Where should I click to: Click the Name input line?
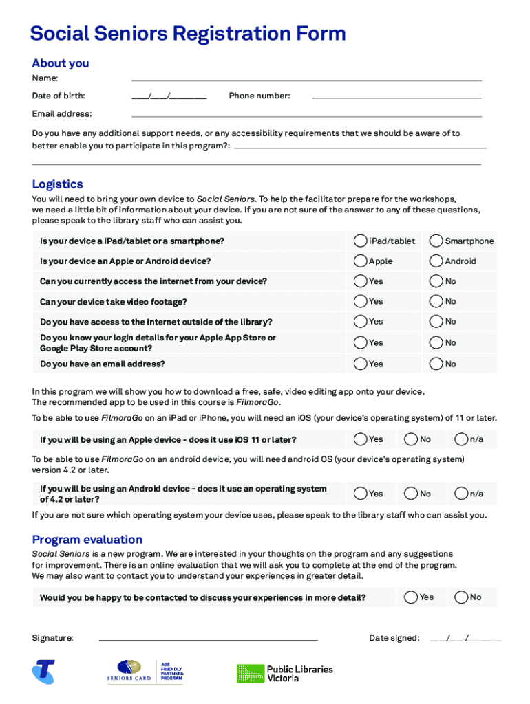[306, 79]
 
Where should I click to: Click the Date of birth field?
[169, 96]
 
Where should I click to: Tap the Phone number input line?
[396, 96]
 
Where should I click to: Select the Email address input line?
[306, 114]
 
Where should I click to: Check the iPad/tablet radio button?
[360, 241]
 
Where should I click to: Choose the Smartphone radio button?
[436, 241]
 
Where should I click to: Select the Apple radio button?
[360, 261]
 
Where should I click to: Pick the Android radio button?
[436, 261]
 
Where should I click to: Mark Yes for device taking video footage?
[360, 301]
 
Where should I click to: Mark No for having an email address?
[436, 364]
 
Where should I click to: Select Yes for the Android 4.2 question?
[360, 494]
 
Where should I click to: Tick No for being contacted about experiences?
[461, 597]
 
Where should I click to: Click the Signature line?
[208, 639]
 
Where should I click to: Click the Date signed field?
[465, 639]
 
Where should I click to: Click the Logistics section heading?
[58, 184]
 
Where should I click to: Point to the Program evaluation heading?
[87, 540]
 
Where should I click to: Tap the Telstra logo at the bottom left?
[43, 672]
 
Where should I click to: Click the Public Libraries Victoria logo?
[285, 673]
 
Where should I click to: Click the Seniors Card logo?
[129, 671]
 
